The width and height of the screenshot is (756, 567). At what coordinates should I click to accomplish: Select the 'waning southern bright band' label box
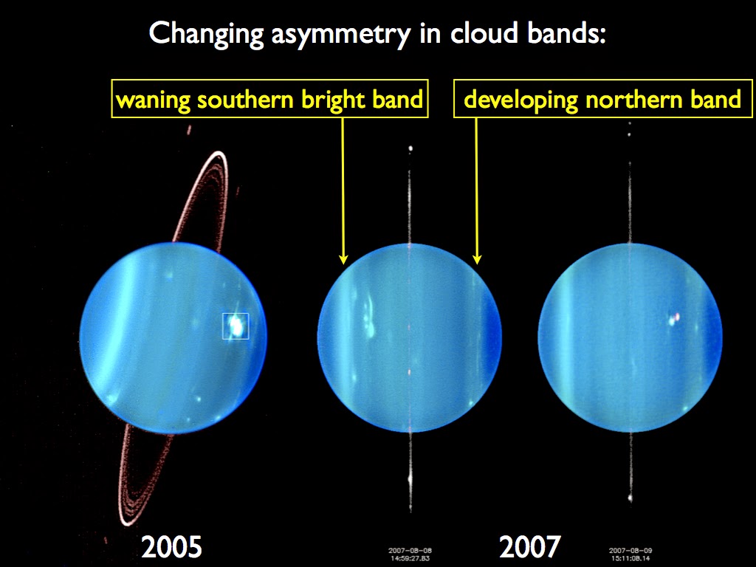[x=269, y=99]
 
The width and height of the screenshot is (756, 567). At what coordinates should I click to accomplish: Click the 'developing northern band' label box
[x=602, y=99]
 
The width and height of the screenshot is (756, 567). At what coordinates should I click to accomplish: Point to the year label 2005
[x=171, y=547]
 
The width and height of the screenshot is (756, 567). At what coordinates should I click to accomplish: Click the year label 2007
[x=529, y=547]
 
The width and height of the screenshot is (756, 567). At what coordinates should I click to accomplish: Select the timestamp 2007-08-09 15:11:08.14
[x=630, y=553]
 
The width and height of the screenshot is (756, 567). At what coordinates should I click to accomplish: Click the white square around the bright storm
[x=236, y=326]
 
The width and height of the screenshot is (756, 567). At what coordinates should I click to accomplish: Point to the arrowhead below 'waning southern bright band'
[x=343, y=259]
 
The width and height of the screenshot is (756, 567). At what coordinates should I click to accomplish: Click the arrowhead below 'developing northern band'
[x=477, y=259]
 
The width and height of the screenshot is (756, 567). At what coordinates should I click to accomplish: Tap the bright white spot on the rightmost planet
[x=673, y=319]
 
